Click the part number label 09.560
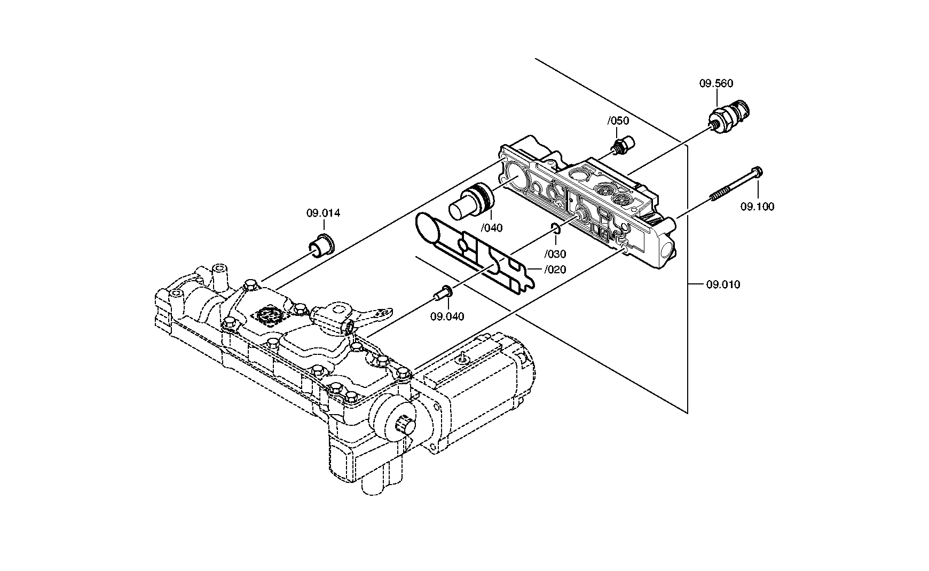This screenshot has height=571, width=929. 716,83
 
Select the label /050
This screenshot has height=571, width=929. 618,121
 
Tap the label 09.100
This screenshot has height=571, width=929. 757,207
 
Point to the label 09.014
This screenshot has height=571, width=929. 323,213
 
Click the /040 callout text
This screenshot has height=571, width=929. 492,228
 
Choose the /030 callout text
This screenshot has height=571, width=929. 556,254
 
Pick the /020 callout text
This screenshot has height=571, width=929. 555,269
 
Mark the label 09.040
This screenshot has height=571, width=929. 447,316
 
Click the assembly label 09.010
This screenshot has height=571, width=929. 723,284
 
